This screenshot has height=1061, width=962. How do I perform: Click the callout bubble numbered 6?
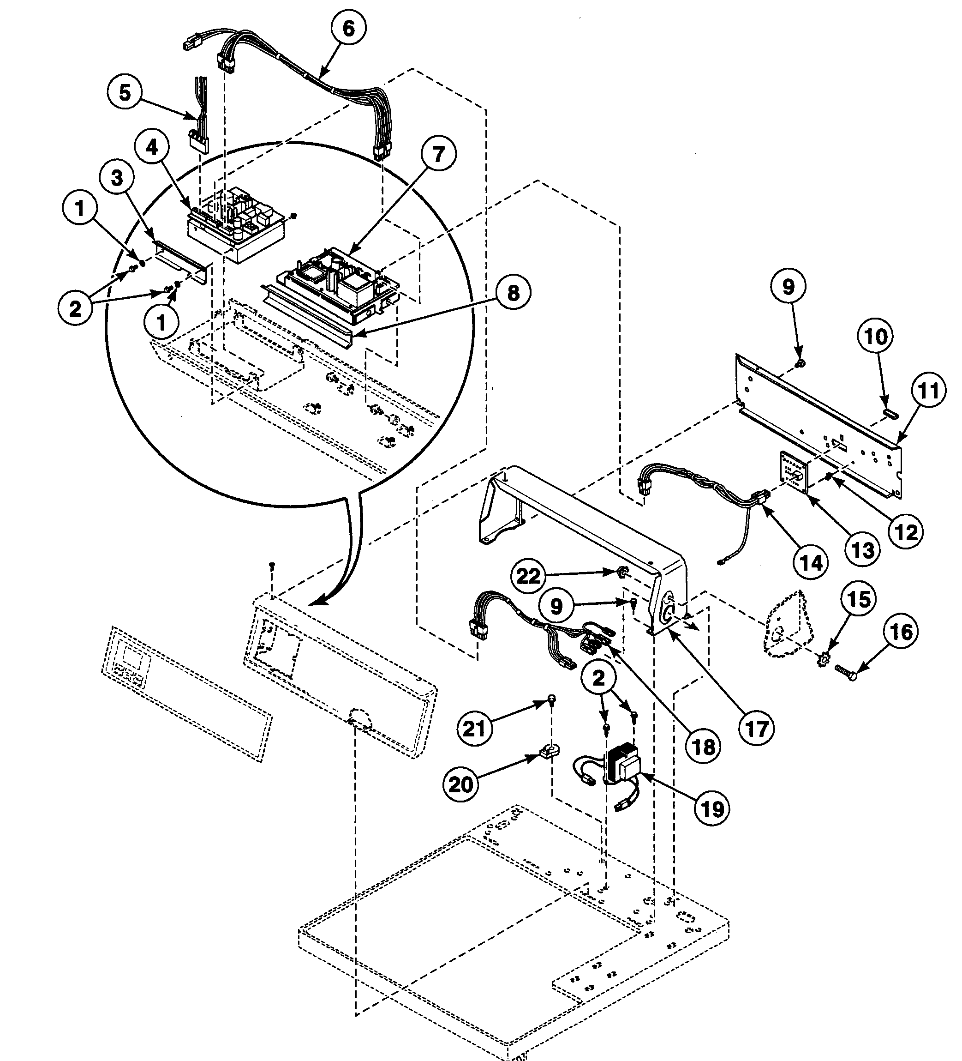coord(349,29)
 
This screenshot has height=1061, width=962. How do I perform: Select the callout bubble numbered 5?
coord(125,93)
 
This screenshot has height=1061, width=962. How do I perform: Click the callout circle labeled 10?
coord(876,336)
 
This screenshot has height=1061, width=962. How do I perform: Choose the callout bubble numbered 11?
coord(928,391)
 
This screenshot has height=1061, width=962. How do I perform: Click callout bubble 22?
coord(528,576)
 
